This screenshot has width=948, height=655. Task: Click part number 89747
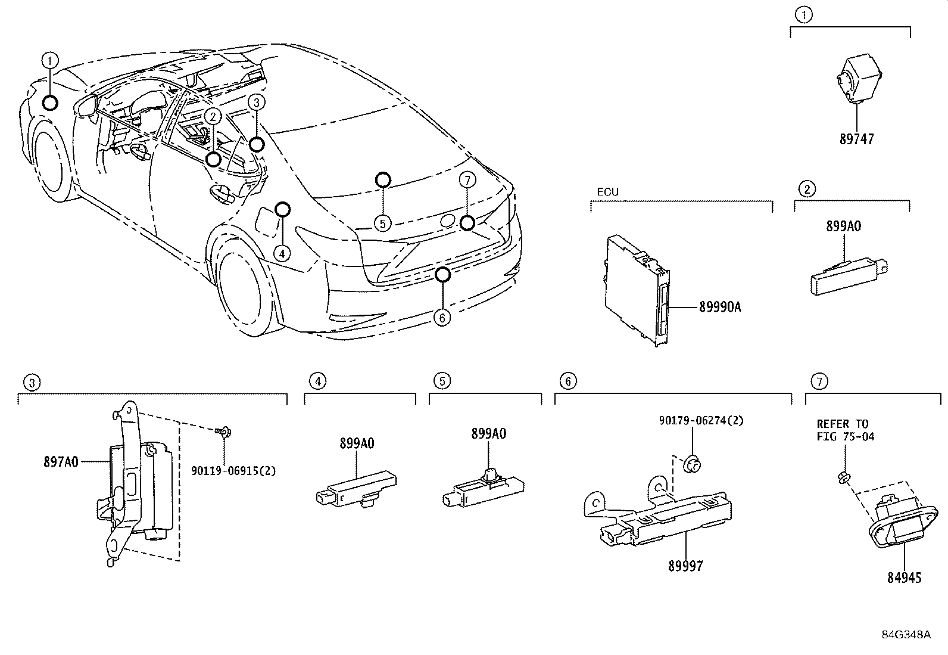857,139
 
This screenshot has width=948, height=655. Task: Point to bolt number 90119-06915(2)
233,471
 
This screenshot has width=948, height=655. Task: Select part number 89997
685,566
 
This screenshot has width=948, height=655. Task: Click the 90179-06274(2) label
701,421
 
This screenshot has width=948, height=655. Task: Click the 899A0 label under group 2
843,226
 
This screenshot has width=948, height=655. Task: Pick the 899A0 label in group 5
488,434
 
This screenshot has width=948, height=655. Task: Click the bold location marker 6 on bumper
442,275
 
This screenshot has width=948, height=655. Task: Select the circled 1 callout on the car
51,60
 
